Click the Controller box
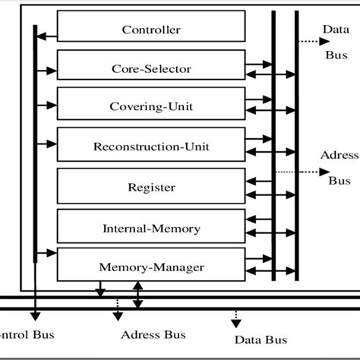(x=151, y=30)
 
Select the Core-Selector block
(x=151, y=69)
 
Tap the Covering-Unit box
(x=151, y=107)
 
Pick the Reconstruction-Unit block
(x=151, y=145)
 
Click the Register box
(x=151, y=187)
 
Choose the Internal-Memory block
(x=151, y=227)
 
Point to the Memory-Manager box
(x=151, y=267)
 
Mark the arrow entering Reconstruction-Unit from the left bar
(x=46, y=141)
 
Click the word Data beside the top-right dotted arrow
(x=335, y=29)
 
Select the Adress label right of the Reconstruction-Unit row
(x=339, y=156)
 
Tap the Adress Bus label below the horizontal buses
(x=153, y=335)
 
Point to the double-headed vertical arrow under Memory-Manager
(x=137, y=295)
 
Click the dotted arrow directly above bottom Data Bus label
(x=235, y=314)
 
